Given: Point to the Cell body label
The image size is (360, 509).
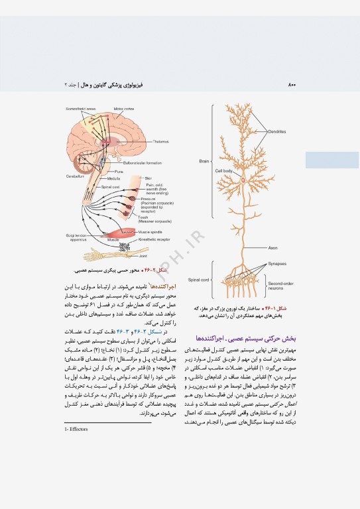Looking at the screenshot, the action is point(223,171).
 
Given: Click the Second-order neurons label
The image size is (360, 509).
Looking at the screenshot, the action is point(280,286).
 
